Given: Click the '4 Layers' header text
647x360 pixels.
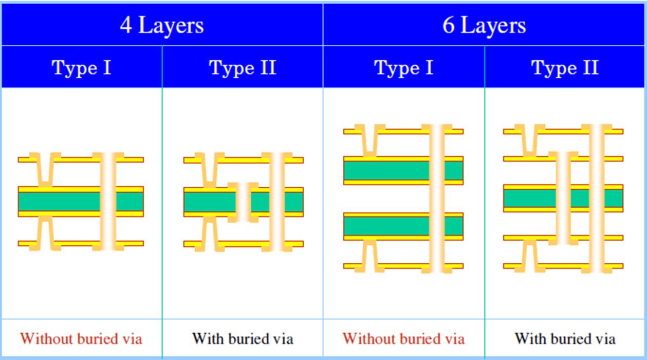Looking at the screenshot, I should (x=161, y=25).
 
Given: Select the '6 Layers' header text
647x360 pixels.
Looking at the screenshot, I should (x=484, y=25).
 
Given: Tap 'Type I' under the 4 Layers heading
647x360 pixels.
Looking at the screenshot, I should (x=82, y=67).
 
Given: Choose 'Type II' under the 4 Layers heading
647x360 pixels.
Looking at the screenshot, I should (x=243, y=67).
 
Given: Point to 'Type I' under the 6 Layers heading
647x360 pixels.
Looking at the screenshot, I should (x=403, y=67).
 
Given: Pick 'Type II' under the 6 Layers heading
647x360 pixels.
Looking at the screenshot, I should (x=565, y=67).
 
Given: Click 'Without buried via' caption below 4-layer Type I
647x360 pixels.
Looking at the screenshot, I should (x=81, y=338).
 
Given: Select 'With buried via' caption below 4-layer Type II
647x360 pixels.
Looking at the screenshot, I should (x=243, y=338).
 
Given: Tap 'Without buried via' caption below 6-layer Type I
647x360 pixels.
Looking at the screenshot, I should (x=403, y=338).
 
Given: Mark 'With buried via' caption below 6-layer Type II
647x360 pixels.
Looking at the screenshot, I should (x=565, y=338).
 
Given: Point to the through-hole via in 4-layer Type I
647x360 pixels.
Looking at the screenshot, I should (x=108, y=202).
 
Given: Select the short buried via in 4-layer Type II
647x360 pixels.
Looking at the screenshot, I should (x=243, y=202).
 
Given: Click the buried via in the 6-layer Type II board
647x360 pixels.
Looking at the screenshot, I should (x=563, y=198).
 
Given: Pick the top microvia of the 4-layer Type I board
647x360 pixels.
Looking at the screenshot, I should (x=46, y=168).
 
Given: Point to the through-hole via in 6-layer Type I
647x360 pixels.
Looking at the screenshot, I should (x=437, y=199).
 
